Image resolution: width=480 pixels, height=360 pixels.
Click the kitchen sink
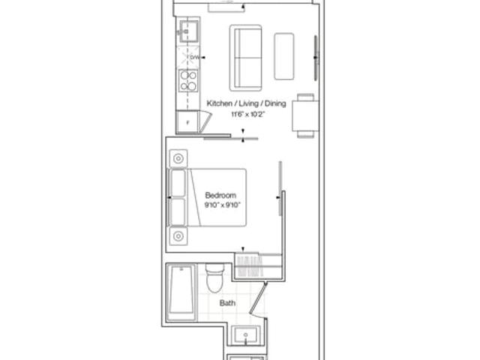click(189, 31)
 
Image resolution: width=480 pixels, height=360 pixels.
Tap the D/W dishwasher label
click(195, 57)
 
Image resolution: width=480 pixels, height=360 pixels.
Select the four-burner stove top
click(188, 80)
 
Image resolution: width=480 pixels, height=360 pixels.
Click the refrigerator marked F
click(188, 122)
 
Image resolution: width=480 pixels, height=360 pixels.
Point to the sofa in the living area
click(245, 58)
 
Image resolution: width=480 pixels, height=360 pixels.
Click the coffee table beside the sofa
click(284, 56)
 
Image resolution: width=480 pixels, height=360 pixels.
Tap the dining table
click(305, 115)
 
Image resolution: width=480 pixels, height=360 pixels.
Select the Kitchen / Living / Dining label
click(247, 103)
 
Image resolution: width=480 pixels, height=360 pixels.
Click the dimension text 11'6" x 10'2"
click(247, 115)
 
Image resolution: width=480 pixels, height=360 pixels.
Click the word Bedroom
click(220, 195)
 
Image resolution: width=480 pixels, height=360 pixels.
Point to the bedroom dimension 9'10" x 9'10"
click(223, 205)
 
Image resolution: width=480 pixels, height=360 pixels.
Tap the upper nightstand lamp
click(178, 158)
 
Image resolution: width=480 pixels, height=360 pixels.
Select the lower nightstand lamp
click(178, 236)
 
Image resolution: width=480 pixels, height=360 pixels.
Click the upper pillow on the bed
click(178, 183)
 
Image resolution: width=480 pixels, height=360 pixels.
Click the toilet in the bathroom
click(215, 278)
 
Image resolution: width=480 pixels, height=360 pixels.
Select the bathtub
click(181, 292)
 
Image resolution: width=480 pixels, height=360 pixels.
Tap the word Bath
click(227, 303)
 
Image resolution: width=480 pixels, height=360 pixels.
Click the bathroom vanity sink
click(245, 335)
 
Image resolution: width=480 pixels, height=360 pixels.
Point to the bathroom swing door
click(258, 299)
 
